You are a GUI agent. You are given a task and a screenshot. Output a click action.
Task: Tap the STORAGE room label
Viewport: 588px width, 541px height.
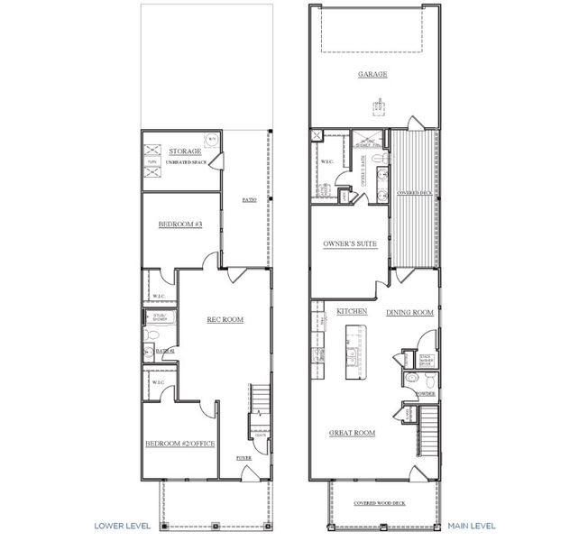185,151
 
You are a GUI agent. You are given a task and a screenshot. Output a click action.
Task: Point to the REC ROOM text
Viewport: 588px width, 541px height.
225,319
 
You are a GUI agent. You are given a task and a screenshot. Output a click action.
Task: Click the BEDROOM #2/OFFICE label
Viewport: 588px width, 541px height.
179,444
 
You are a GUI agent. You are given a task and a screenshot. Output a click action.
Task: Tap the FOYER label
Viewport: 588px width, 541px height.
243,458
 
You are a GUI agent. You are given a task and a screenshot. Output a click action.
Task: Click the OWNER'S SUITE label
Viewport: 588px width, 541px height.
349,244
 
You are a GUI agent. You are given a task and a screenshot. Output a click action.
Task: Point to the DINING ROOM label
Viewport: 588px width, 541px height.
410,313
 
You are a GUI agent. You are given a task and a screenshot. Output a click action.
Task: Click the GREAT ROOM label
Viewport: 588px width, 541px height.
352,434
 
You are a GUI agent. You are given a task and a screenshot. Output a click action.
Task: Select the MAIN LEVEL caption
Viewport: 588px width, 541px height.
471,524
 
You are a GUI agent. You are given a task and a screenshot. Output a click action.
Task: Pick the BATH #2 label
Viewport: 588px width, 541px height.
164,352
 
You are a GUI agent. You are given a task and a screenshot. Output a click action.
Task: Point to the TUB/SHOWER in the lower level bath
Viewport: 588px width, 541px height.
161,317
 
